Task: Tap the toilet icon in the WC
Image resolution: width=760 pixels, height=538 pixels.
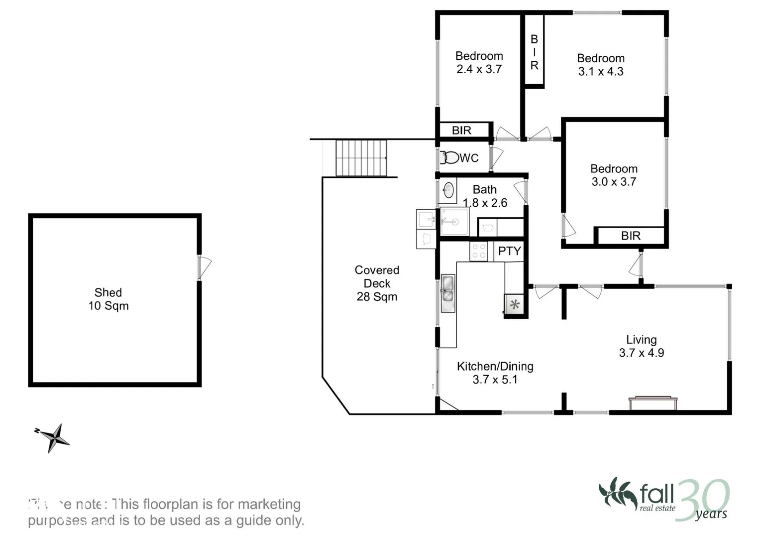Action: coord(450,158)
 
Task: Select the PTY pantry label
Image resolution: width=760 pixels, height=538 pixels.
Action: coord(509,251)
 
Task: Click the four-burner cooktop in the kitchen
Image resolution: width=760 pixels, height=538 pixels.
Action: coord(479,251)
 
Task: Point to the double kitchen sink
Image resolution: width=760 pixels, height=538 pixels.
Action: coord(447,293)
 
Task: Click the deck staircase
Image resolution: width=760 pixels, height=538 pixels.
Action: coord(361,158)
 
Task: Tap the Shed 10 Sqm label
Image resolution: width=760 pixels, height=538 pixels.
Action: coord(109,299)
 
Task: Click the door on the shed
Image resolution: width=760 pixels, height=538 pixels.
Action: coord(204,268)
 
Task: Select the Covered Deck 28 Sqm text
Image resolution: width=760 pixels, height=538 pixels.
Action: coord(377,283)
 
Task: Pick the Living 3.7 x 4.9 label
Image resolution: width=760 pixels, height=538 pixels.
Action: coord(641,346)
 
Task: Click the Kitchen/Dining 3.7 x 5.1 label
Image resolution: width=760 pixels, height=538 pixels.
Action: coord(495,373)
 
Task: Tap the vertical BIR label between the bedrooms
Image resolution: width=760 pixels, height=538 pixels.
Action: coord(534,52)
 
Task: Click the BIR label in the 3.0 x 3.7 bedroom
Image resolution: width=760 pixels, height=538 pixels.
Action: coord(631,236)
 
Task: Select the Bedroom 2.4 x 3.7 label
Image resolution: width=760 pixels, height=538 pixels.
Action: coord(479,63)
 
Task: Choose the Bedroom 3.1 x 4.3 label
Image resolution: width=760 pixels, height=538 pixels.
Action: coord(601,65)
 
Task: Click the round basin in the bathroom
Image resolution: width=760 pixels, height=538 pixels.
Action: coord(448,190)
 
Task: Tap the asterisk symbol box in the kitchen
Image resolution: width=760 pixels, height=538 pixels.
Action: coord(515,304)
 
